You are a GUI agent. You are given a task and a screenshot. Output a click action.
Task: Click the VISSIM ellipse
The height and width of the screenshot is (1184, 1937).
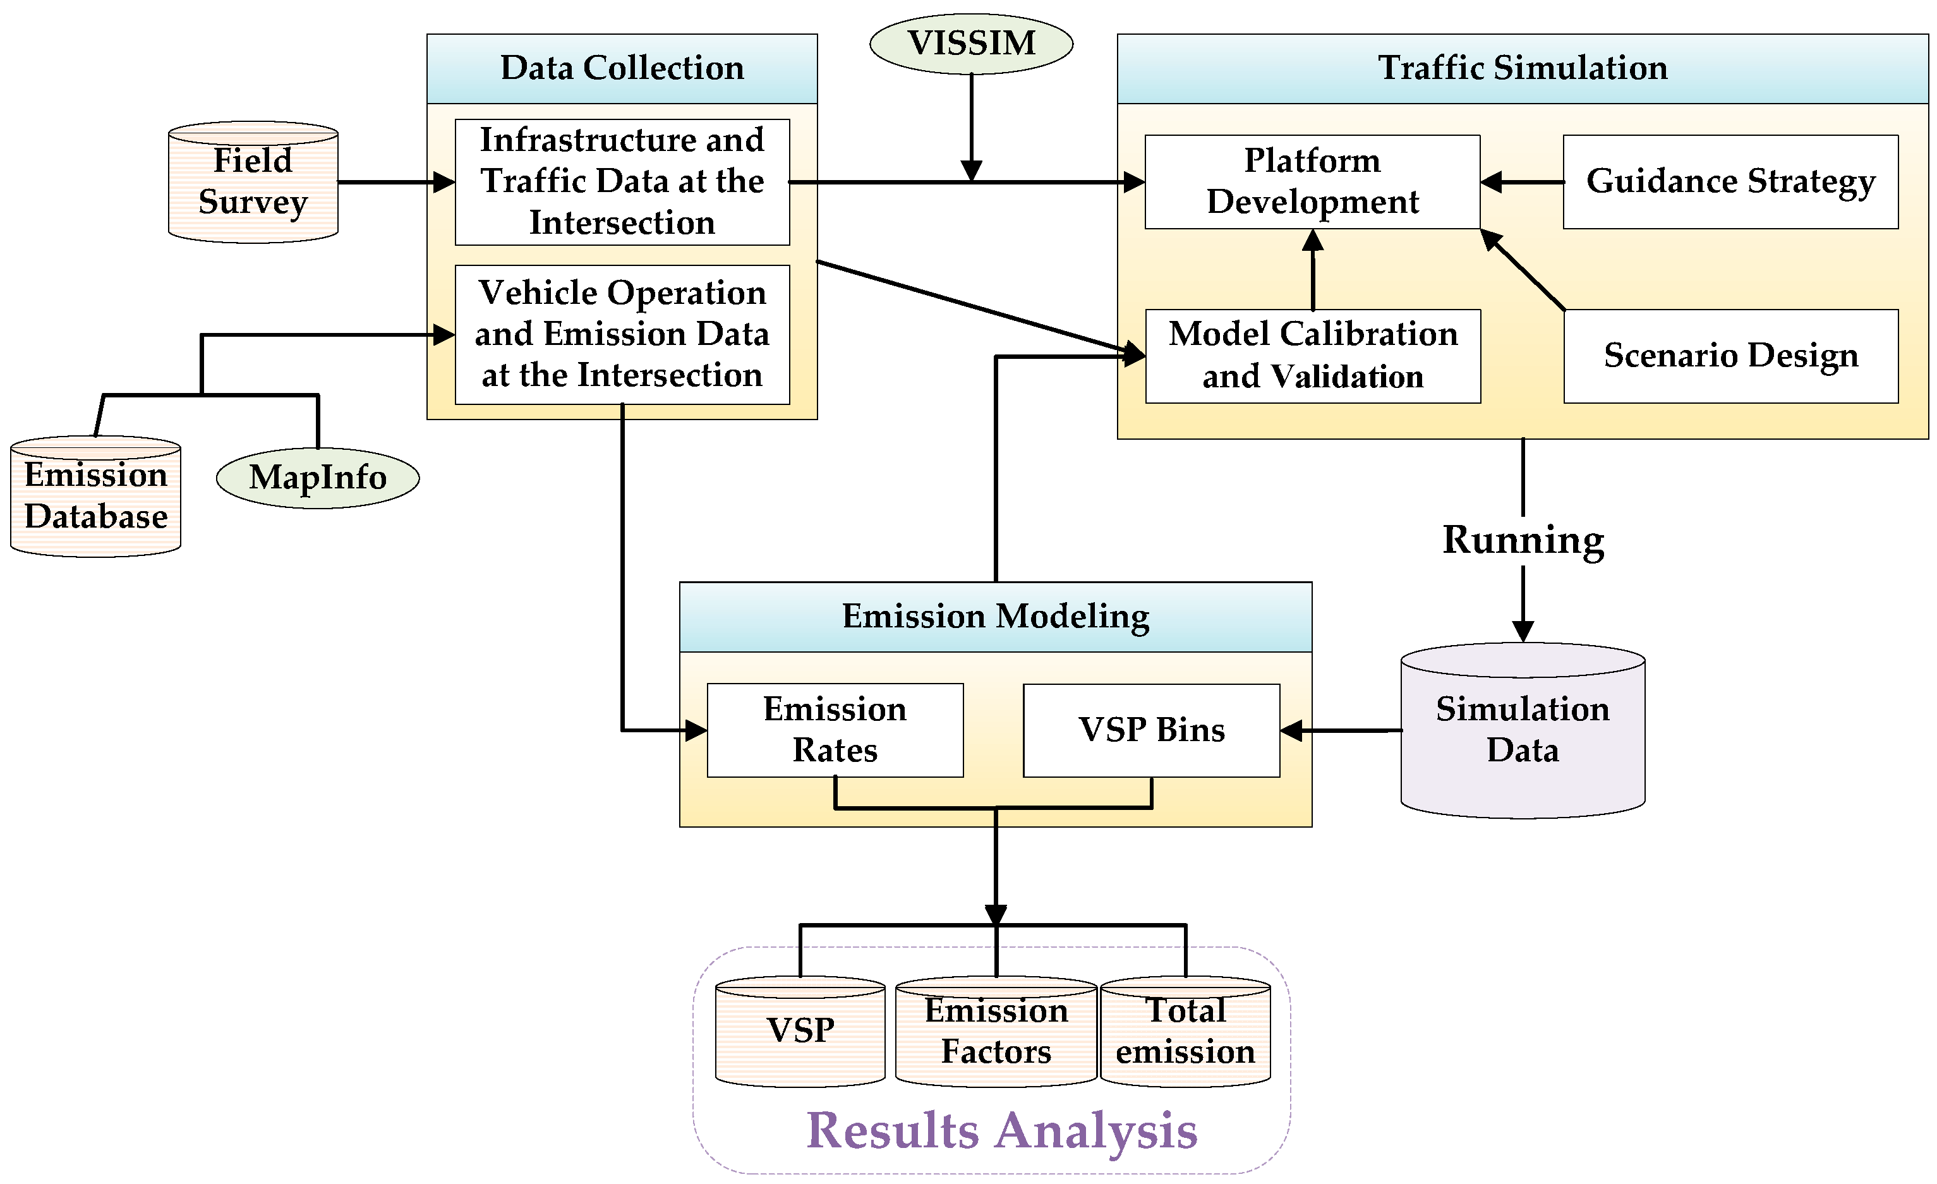click(x=971, y=43)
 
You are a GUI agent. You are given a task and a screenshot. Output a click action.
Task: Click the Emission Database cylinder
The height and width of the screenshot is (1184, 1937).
click(x=96, y=497)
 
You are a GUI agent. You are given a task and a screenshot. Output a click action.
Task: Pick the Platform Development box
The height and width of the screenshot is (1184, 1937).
click(x=1312, y=181)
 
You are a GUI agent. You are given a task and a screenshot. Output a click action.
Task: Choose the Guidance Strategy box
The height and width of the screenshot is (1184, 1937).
click(x=1730, y=181)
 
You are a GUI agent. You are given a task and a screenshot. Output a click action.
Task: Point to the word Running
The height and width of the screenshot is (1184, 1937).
click(x=1523, y=541)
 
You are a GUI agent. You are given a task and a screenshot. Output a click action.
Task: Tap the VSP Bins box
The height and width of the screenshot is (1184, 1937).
click(x=1151, y=730)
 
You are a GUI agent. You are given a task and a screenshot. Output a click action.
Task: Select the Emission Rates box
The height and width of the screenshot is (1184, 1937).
click(x=835, y=730)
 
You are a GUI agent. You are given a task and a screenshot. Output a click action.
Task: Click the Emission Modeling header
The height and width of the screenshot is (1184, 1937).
click(x=995, y=617)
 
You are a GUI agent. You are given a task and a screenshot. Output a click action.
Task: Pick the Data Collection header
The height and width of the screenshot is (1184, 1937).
click(x=622, y=68)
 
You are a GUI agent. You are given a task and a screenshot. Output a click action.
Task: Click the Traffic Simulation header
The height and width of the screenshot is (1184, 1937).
click(x=1523, y=68)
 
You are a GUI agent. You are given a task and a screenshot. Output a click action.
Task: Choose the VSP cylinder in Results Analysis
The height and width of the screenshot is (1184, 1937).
click(x=800, y=1032)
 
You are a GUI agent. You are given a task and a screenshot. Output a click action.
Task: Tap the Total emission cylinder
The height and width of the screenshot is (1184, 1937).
click(x=1185, y=1032)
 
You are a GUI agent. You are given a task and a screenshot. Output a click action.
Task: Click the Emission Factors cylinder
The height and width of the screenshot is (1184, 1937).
click(x=996, y=1032)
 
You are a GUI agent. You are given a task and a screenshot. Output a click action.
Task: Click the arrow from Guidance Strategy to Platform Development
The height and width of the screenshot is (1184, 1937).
click(x=1522, y=181)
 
